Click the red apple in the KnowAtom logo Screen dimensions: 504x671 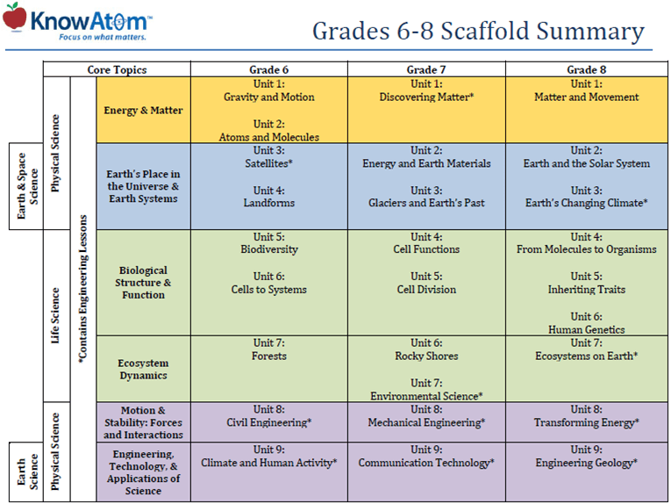(14, 18)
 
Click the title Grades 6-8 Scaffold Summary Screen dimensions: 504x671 (478, 32)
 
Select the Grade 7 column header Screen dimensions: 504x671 (426, 69)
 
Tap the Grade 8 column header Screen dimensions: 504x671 (587, 69)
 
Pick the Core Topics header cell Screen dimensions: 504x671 (117, 69)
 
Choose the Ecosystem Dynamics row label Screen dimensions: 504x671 (143, 369)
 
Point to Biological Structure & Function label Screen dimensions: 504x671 (143, 283)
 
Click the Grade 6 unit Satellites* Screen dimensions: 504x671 (268, 163)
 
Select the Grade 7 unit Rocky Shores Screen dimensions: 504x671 (426, 356)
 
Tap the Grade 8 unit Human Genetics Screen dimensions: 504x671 (587, 329)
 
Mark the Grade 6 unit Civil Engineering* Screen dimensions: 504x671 (268, 422)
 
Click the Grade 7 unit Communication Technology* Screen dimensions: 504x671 (426, 463)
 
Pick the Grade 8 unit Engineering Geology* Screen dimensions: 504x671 (587, 463)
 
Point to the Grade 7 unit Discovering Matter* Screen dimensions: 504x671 (426, 97)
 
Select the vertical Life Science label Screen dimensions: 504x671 (54, 315)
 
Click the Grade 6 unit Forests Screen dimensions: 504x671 (268, 356)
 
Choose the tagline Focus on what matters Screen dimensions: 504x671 (102, 38)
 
